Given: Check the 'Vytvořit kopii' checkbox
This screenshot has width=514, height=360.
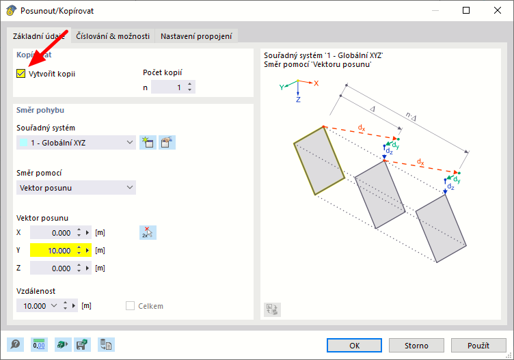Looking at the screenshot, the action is click(x=21, y=73).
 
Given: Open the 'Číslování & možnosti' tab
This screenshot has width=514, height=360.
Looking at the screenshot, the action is click(x=113, y=36).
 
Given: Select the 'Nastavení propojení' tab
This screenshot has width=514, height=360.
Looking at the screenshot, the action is click(x=196, y=36).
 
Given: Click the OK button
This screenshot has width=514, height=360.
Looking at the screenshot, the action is click(x=354, y=345).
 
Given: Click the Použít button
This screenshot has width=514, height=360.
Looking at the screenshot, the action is click(x=478, y=345).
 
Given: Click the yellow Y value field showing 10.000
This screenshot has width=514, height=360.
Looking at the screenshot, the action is click(x=54, y=251).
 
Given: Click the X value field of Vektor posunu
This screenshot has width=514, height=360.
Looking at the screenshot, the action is click(x=54, y=233).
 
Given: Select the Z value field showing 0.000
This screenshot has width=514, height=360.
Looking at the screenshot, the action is click(x=54, y=268).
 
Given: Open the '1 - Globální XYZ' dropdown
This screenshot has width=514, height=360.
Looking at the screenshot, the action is click(x=76, y=143).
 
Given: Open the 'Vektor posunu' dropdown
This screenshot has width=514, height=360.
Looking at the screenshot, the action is click(x=76, y=188).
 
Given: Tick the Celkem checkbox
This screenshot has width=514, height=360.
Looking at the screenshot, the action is click(x=130, y=305).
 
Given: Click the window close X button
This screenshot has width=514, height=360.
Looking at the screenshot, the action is click(x=498, y=10).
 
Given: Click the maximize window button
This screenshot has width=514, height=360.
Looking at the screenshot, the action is click(x=466, y=10).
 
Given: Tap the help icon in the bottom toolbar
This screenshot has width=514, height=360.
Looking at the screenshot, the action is click(x=15, y=344).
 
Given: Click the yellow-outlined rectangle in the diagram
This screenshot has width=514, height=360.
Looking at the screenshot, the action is click(x=294, y=143).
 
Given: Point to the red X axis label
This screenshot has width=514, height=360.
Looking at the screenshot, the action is click(x=316, y=83).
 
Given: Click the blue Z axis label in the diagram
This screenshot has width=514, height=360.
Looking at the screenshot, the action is click(x=298, y=100).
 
